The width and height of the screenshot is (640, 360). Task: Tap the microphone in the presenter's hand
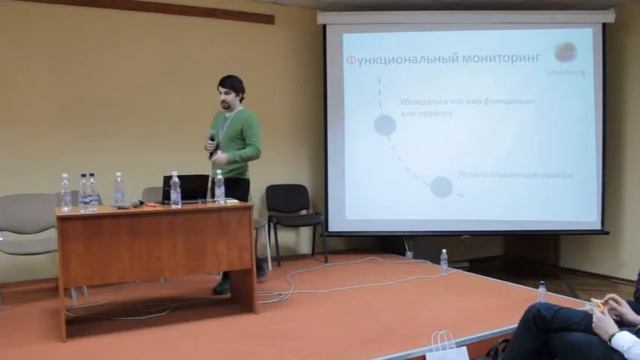click(x=212, y=142)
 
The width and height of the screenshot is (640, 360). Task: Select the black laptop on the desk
click(x=186, y=187)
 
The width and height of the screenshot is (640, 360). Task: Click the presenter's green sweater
click(x=239, y=141)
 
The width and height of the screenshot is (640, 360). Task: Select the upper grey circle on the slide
click(x=385, y=125)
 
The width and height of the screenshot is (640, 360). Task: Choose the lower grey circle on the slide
click(x=441, y=186)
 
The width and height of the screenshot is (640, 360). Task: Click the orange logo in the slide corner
click(x=566, y=52)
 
